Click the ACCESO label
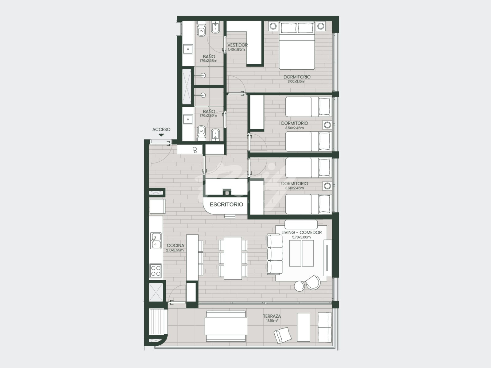161,129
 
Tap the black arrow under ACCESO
161,135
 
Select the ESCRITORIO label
226,205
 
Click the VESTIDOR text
237,45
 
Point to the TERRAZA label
272,316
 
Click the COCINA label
175,245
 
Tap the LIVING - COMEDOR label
301,232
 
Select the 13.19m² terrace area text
272,321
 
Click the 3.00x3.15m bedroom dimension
296,81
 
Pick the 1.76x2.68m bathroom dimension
208,60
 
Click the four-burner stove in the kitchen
156,271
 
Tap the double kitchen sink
156,241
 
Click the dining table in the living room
233,258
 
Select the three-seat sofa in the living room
274,254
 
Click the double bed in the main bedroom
297,46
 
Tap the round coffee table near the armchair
299,286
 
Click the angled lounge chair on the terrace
283,335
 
